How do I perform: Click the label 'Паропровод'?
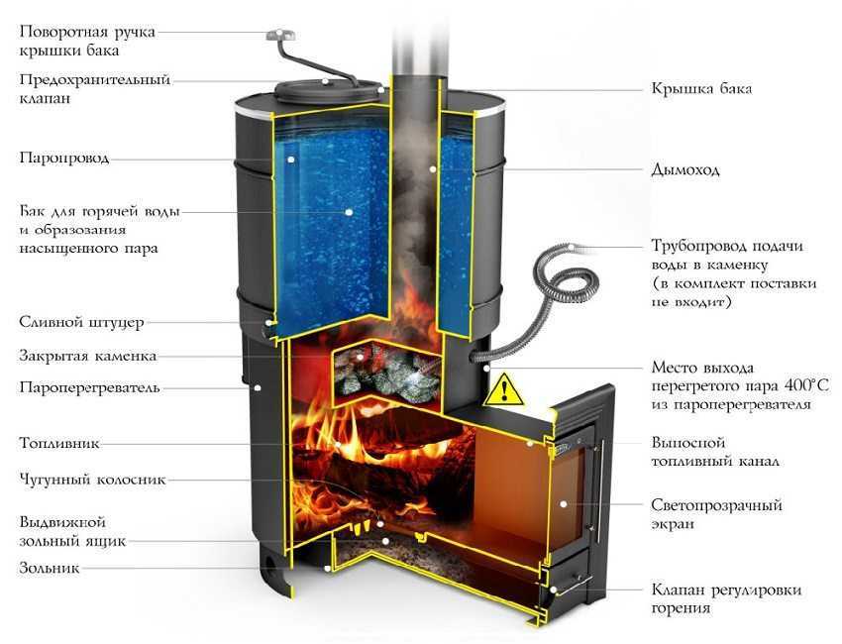(x=64, y=158)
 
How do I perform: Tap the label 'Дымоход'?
(x=685, y=169)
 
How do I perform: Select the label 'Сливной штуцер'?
(x=81, y=322)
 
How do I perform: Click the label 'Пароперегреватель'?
(x=89, y=387)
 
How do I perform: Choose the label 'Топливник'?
(x=58, y=443)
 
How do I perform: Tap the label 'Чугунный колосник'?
(x=92, y=480)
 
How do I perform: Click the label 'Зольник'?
(x=50, y=568)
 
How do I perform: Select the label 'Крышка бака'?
(x=701, y=88)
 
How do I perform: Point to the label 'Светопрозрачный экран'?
(x=717, y=514)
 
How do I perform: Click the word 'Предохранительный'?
(x=95, y=79)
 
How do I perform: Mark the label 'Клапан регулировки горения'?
(x=726, y=599)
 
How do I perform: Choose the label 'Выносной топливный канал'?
(x=715, y=452)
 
